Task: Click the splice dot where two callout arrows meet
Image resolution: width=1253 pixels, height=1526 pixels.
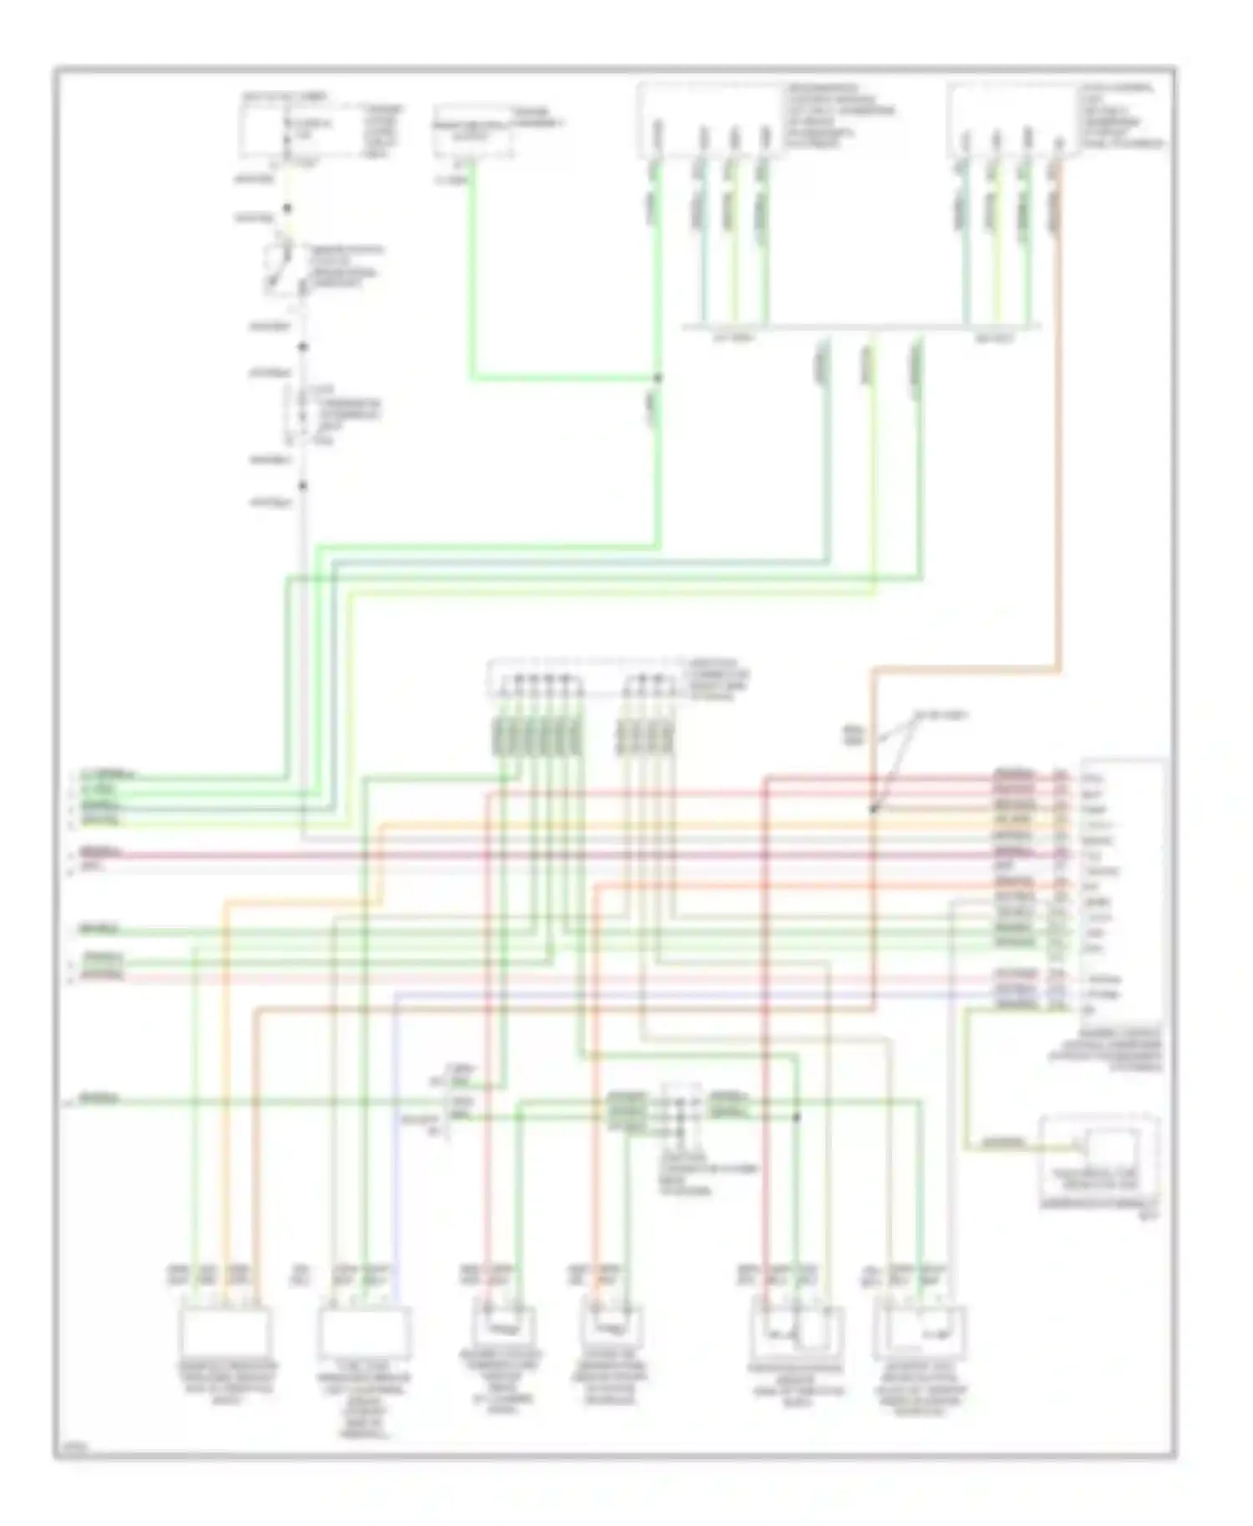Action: pos(872,809)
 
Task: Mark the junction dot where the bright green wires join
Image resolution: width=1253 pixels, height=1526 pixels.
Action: pos(658,378)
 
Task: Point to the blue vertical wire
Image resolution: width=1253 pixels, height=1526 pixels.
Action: pos(396,1127)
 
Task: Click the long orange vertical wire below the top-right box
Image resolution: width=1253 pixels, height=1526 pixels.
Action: pos(1059,417)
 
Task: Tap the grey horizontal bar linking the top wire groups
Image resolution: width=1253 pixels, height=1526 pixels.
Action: pos(860,326)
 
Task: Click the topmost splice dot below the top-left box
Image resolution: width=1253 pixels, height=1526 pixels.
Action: pos(287,208)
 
